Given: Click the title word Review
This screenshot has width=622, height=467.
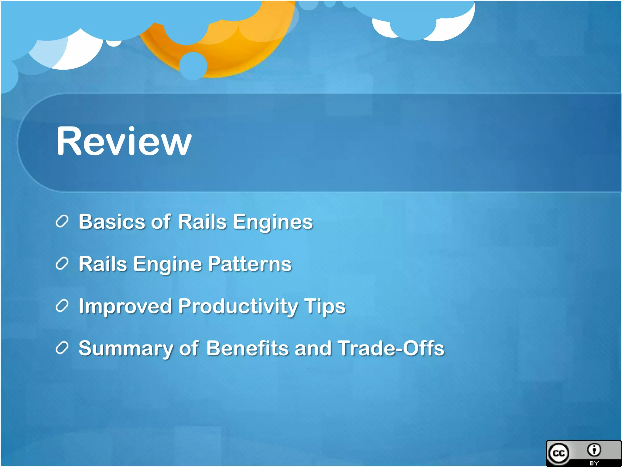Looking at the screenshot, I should pyautogui.click(x=124, y=141).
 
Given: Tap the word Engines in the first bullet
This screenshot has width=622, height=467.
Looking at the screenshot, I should pyautogui.click(x=272, y=222).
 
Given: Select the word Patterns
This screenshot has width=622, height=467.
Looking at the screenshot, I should pyautogui.click(x=250, y=264).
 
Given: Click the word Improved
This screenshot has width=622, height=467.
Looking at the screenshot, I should pyautogui.click(x=125, y=306).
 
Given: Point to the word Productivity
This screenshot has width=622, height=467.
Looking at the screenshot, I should pyautogui.click(x=238, y=306).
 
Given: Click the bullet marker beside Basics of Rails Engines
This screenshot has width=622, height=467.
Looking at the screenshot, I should pyautogui.click(x=62, y=221).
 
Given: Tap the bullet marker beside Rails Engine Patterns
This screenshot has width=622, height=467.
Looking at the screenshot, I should pyautogui.click(x=62, y=264).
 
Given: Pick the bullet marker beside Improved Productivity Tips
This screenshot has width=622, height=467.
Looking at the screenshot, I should pyautogui.click(x=62, y=306).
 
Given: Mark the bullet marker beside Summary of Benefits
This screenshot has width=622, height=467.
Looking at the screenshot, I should pyautogui.click(x=62, y=348).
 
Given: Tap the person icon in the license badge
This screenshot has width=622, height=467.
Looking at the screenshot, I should pyautogui.click(x=594, y=450).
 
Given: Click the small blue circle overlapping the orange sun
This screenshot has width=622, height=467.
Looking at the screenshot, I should pyautogui.click(x=193, y=66).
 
